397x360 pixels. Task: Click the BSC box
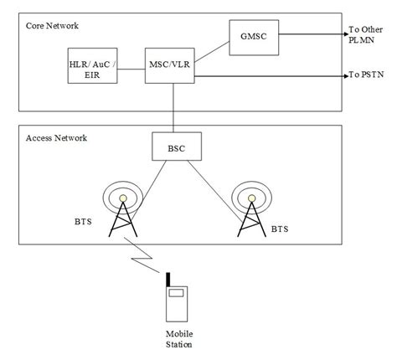pyautogui.click(x=175, y=147)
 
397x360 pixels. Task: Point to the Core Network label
pyautogui.click(x=52, y=26)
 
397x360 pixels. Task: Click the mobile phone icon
pyautogui.click(x=176, y=304)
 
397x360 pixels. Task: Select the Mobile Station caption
pyautogui.click(x=178, y=338)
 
